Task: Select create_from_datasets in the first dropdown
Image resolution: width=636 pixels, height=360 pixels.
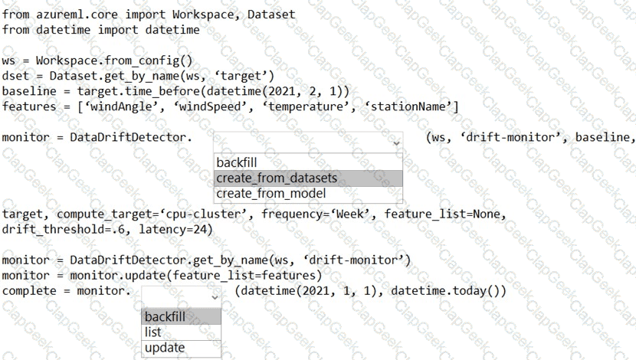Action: tap(277, 178)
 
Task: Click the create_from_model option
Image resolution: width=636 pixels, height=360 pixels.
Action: tap(271, 193)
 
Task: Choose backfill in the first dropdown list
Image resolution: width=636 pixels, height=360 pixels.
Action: tap(237, 162)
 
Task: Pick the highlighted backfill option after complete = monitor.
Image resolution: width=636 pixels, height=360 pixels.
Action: tap(165, 316)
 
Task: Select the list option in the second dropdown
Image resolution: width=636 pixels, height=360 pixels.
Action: tap(153, 332)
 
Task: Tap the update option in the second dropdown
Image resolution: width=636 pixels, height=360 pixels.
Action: tap(165, 348)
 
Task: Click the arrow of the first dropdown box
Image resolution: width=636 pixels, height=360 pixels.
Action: tap(396, 143)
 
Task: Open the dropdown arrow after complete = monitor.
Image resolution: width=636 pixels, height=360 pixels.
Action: tap(215, 297)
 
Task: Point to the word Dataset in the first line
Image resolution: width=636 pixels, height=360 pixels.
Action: tap(271, 15)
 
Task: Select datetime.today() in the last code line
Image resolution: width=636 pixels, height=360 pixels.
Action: tap(445, 290)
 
